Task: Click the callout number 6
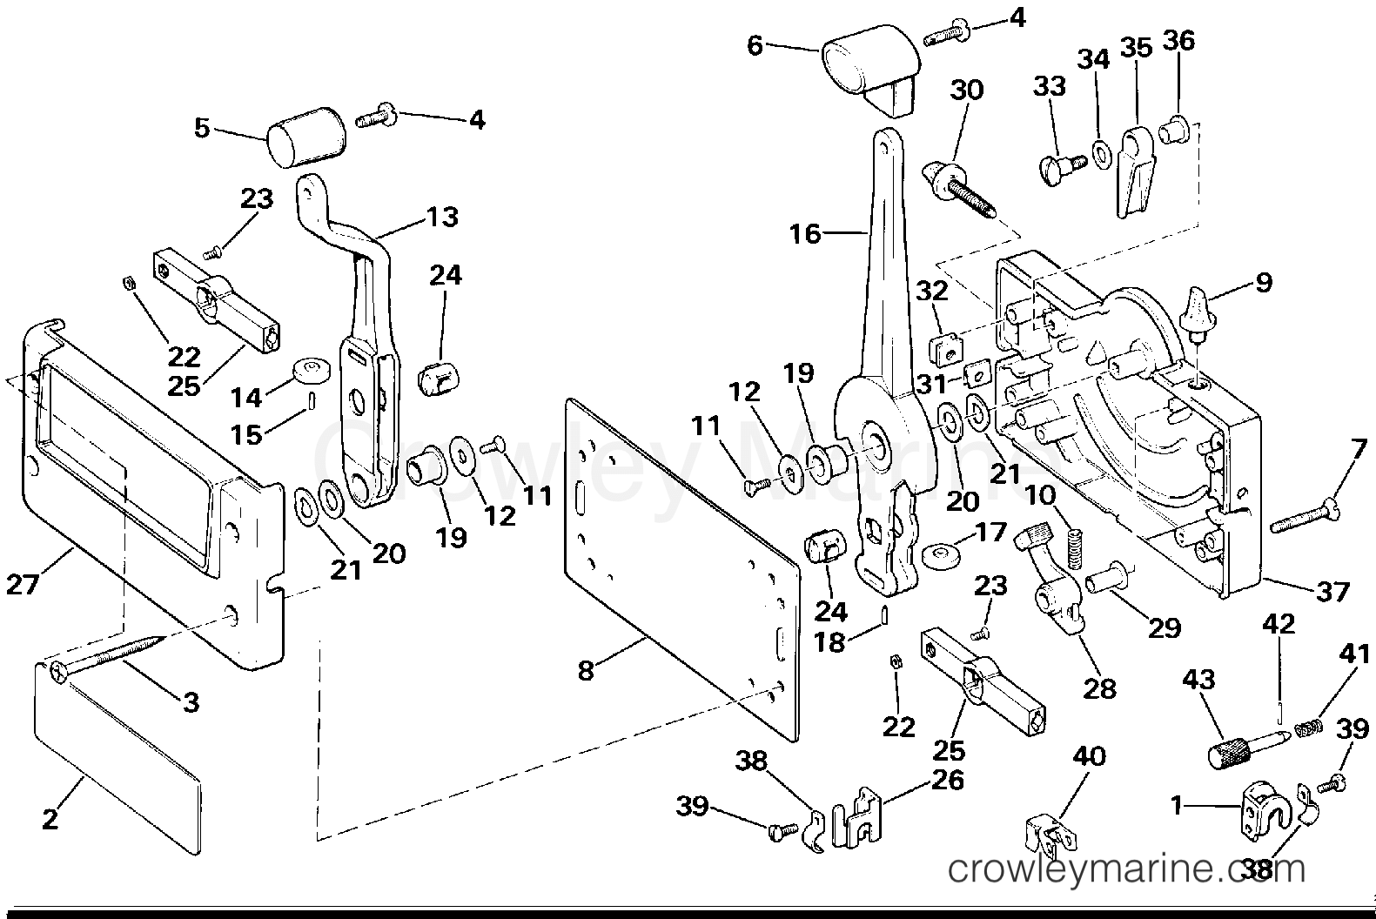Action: pyautogui.click(x=755, y=46)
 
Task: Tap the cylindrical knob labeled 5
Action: pyautogui.click(x=305, y=137)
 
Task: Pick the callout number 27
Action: pyautogui.click(x=23, y=584)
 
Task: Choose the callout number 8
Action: pyautogui.click(x=586, y=670)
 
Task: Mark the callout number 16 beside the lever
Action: pyautogui.click(x=805, y=234)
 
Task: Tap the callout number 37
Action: pyautogui.click(x=1332, y=592)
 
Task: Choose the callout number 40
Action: pyautogui.click(x=1089, y=756)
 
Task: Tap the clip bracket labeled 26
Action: pyautogui.click(x=856, y=818)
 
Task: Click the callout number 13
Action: pyautogui.click(x=442, y=216)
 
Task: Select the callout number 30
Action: pyautogui.click(x=967, y=90)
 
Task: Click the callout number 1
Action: pyautogui.click(x=1177, y=806)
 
